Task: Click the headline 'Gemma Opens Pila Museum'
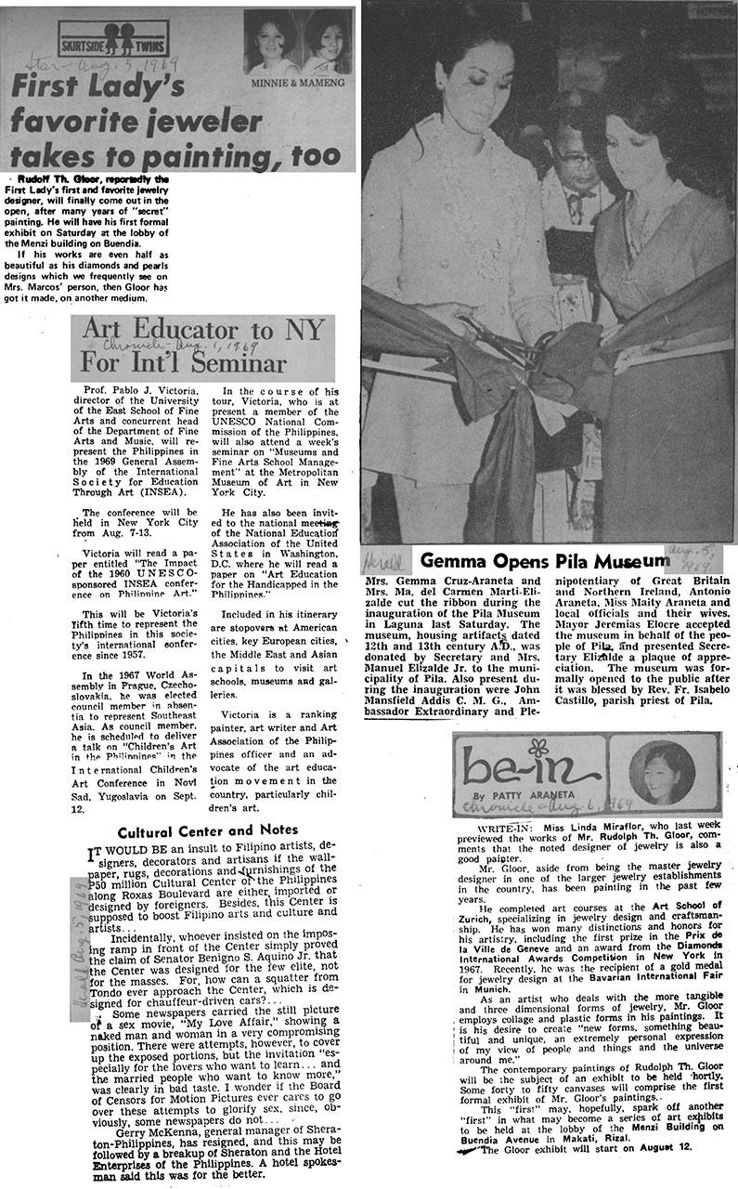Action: pyautogui.click(x=543, y=561)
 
